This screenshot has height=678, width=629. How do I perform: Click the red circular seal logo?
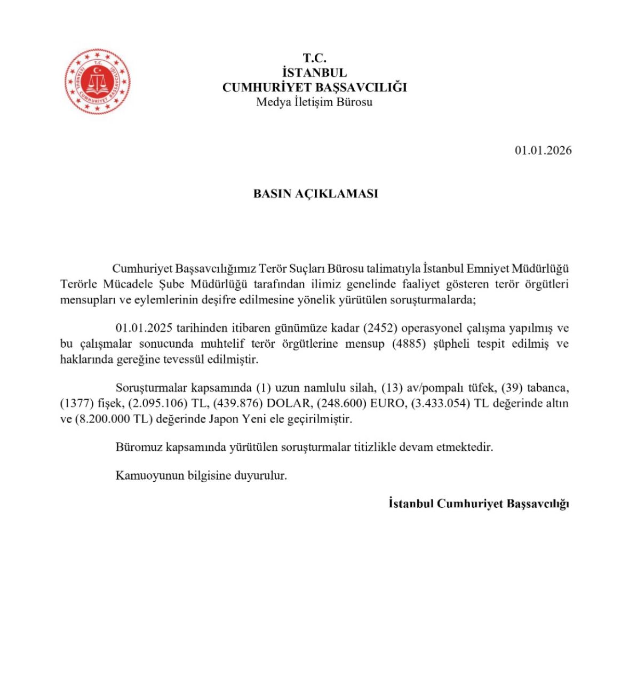pos(98,82)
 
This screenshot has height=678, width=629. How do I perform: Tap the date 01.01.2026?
pos(543,150)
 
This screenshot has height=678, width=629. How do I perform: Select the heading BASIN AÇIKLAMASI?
pos(315,194)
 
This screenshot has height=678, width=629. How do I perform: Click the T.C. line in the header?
pos(314,58)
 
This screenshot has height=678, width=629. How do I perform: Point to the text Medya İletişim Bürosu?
pos(314,102)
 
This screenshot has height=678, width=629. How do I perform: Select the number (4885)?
pos(409,344)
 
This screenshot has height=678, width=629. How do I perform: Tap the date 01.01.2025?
pos(144,328)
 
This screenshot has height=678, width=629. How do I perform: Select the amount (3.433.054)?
pos(440,403)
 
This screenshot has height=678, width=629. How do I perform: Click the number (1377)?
pos(77,403)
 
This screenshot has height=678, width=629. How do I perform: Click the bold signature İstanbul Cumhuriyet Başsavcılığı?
pos(479,504)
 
